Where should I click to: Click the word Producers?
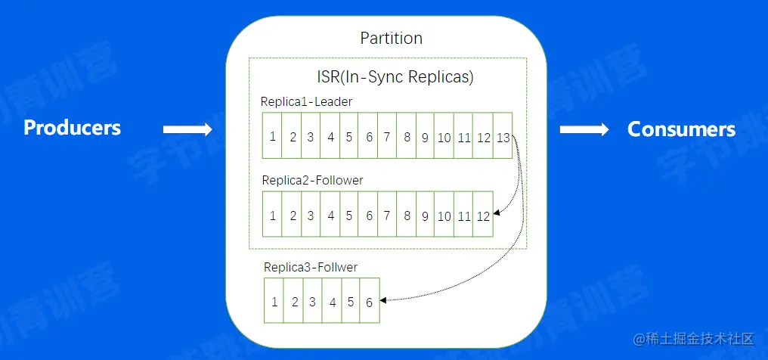pos(72,128)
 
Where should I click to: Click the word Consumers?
pos(681,129)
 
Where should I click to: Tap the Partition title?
pos(391,38)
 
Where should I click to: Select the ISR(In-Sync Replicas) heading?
pos(395,76)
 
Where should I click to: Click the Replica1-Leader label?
pos(306,101)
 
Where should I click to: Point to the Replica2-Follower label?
pos(312,180)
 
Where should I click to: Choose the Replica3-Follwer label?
pos(311,267)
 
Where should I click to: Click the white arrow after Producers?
pos(188,130)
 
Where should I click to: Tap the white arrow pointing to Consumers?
pos(584,130)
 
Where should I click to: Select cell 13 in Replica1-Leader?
pos(503,136)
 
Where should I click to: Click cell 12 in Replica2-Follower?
pos(483,216)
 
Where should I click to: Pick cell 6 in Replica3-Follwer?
pos(369,301)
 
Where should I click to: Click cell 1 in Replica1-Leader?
pos(272,136)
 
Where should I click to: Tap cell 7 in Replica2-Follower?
pos(387,216)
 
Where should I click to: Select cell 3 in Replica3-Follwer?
pos(312,301)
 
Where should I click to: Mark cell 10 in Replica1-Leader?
pos(444,136)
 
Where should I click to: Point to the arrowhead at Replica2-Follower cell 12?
pos(496,216)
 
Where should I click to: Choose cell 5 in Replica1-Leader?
pos(349,136)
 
